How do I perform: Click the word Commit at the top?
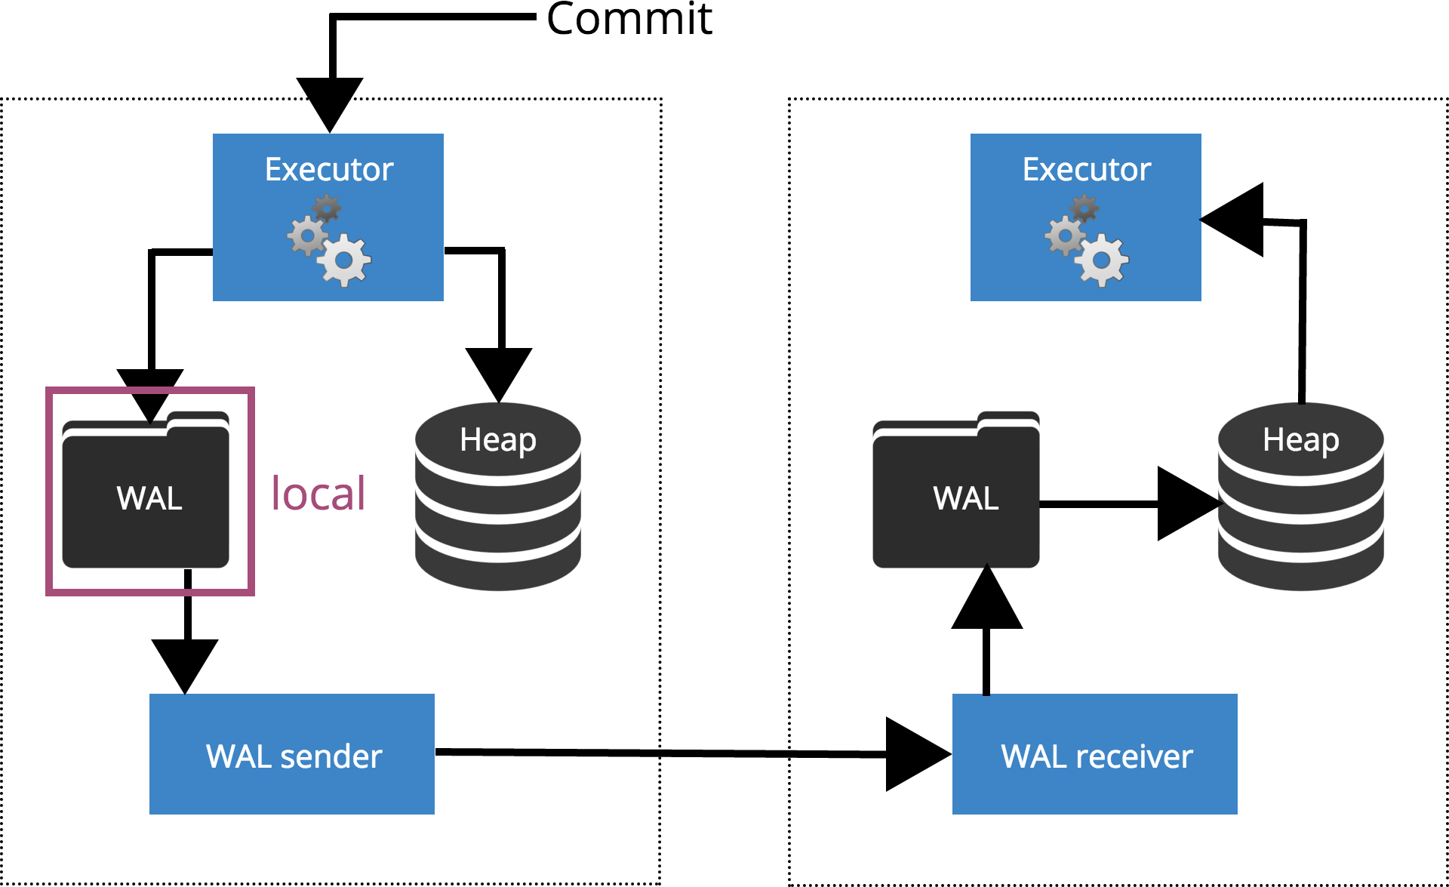(629, 19)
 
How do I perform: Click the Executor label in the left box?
(329, 169)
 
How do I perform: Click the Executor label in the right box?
(1087, 169)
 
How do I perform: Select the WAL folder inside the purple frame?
(146, 494)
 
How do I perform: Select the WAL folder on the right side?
(956, 494)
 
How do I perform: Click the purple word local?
(318, 494)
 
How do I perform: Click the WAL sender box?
(292, 754)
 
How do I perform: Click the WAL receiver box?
(1095, 754)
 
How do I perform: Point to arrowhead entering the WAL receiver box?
(915, 754)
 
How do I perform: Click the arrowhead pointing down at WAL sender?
(185, 664)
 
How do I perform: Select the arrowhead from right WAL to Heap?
(1186, 504)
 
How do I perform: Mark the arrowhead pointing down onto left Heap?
(499, 372)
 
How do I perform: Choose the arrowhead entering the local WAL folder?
(150, 393)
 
